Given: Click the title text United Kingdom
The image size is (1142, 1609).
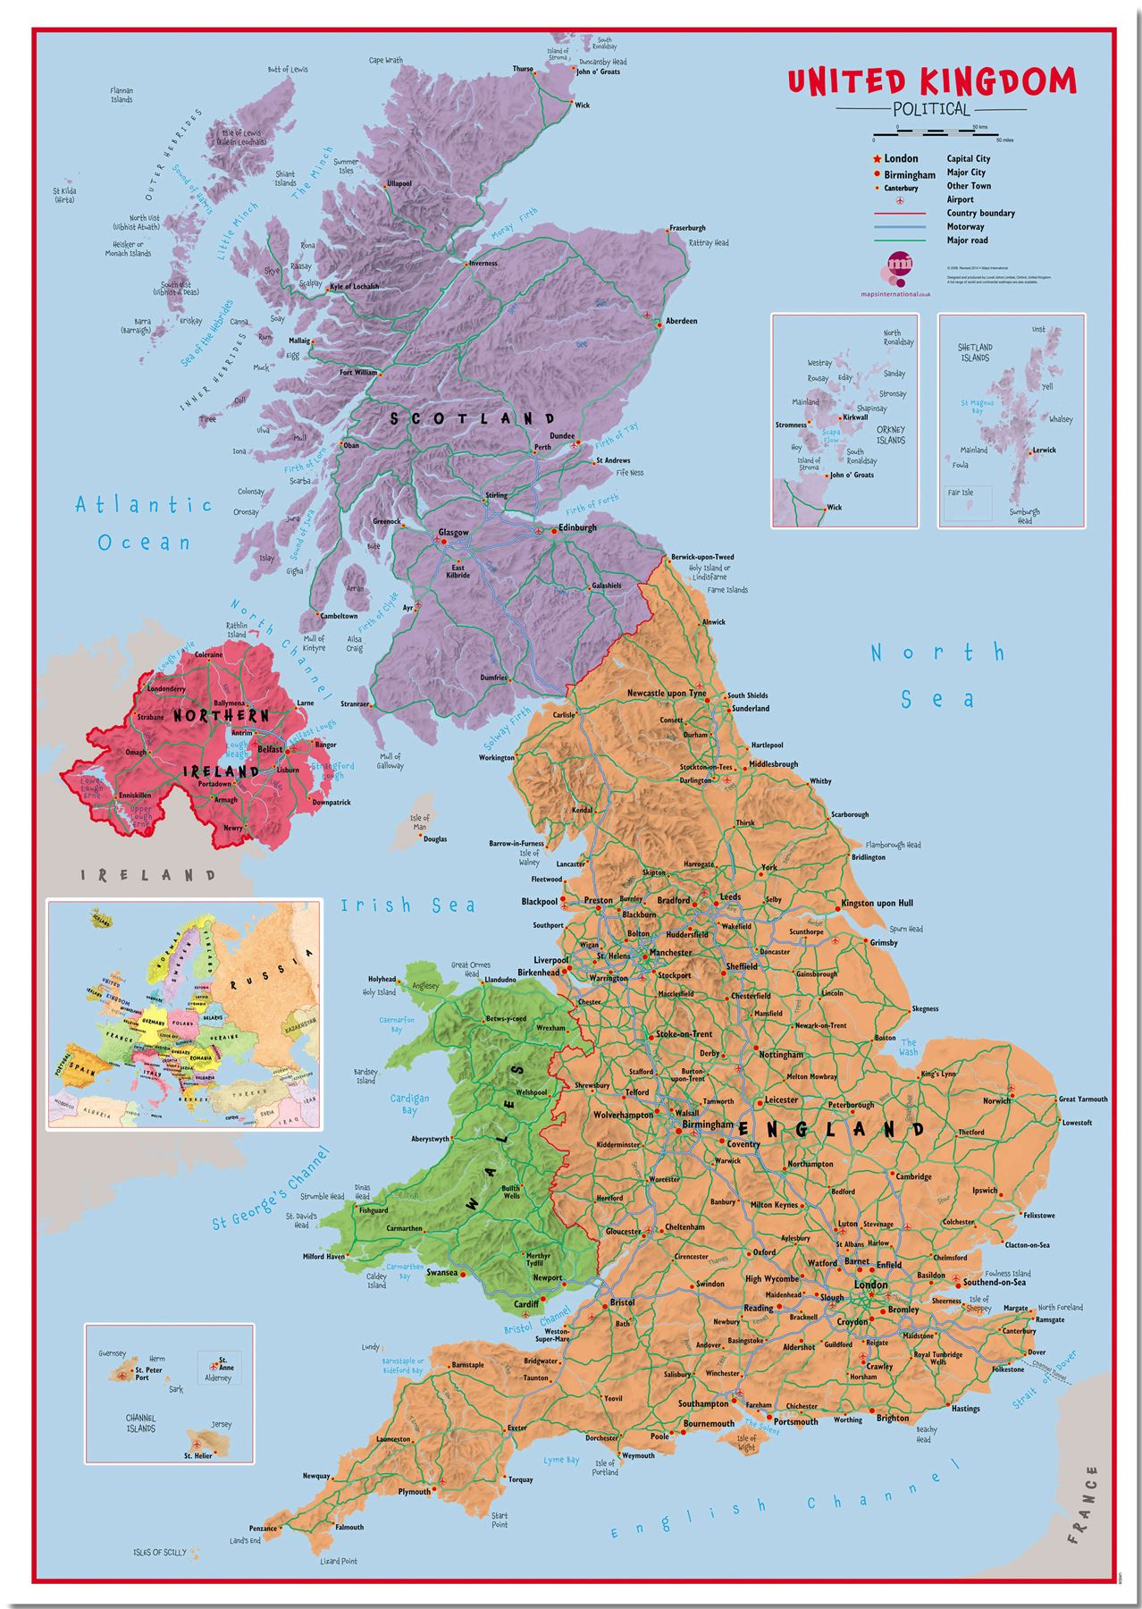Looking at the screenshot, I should [932, 81].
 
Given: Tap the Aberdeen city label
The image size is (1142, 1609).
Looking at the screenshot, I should [682, 321].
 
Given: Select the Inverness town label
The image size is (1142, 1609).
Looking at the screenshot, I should [483, 263].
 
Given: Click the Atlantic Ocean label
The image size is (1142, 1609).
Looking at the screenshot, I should [144, 523].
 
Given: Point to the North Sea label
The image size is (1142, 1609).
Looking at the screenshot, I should [937, 675].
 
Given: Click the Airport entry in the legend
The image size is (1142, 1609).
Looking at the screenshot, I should [960, 199].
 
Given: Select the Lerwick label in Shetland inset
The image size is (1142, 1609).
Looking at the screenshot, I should [1045, 451].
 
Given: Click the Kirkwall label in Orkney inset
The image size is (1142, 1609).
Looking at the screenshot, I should [855, 417].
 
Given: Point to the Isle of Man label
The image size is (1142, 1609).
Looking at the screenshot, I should [419, 821].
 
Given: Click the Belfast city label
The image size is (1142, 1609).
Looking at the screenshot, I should [270, 749].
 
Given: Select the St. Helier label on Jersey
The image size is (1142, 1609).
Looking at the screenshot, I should [198, 1456].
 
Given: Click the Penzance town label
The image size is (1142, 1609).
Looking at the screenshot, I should [263, 1529].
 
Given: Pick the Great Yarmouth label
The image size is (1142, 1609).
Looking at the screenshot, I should [1083, 1099].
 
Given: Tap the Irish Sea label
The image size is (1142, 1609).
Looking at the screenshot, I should [407, 906].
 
